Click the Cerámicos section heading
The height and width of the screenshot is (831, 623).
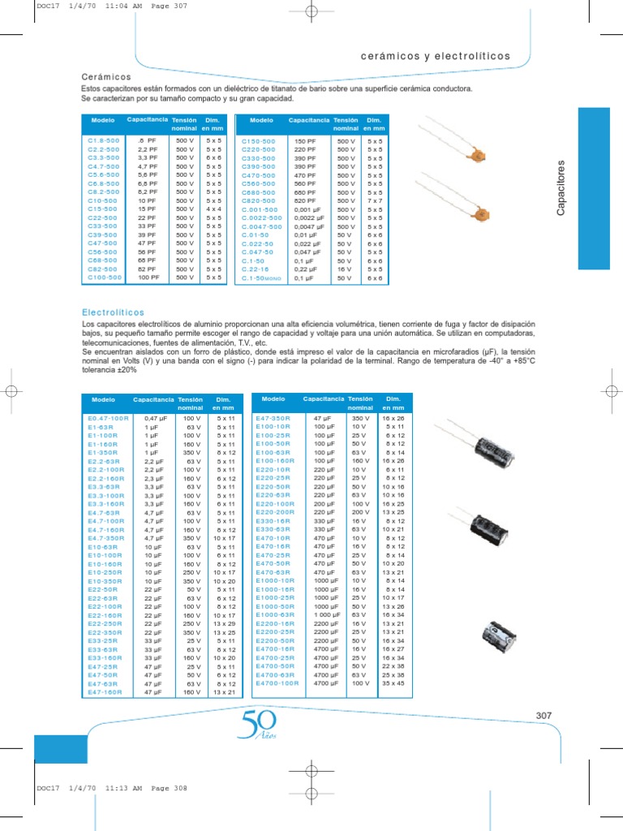coord(106,76)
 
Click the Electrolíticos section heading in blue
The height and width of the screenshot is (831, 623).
coord(113,312)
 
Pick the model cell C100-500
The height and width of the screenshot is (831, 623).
coord(104,278)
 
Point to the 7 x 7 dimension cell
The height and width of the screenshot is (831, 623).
coord(374,200)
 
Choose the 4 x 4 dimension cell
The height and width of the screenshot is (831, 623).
coord(213,209)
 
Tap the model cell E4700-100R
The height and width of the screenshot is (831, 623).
coord(277,683)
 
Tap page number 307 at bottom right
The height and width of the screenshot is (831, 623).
coord(544,715)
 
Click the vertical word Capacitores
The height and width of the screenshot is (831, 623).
coord(561,188)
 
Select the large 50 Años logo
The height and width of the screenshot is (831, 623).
coord(258,724)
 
